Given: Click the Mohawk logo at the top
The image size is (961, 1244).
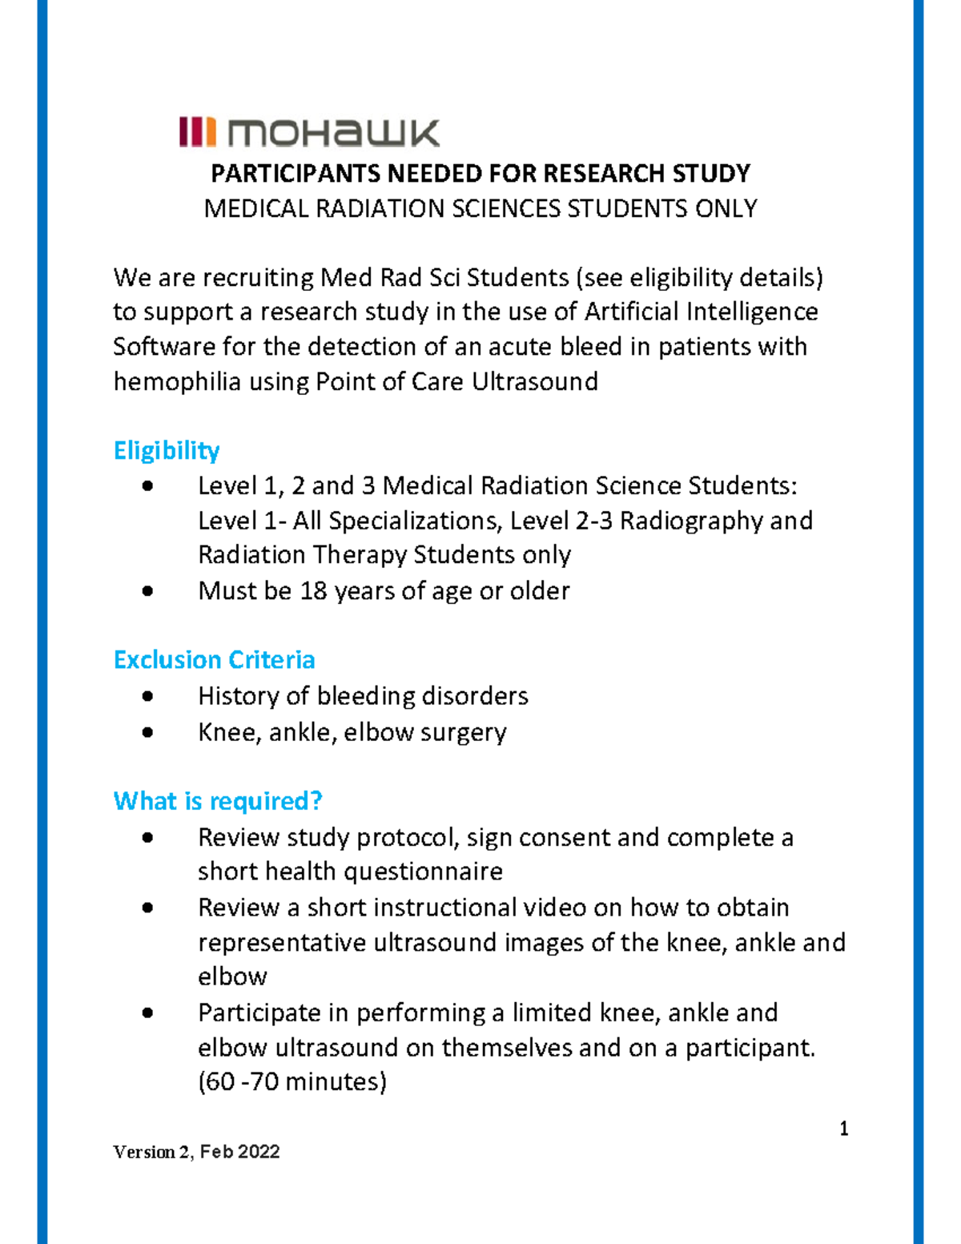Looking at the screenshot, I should [309, 132].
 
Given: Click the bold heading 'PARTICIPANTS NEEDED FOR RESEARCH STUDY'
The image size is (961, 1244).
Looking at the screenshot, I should [480, 173].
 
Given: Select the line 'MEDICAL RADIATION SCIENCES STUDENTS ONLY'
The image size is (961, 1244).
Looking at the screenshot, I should [480, 208].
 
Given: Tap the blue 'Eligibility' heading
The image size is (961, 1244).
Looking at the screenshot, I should [167, 450].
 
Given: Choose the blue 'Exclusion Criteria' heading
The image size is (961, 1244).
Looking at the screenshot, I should [214, 659].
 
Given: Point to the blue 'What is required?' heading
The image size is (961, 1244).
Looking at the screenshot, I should [218, 800].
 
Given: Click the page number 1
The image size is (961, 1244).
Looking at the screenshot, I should [843, 1129].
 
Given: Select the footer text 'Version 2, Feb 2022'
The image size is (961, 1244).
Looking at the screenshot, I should [196, 1152].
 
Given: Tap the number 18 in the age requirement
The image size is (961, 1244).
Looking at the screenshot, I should [313, 591].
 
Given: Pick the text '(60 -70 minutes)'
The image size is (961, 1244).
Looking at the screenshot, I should [292, 1082].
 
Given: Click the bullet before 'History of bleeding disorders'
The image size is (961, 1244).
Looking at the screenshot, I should [147, 696].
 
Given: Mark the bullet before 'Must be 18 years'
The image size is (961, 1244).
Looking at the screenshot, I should [147, 591].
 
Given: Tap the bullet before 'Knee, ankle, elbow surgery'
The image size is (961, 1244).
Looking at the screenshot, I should [147, 732].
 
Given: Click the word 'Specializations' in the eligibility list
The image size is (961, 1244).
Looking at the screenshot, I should [415, 521].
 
